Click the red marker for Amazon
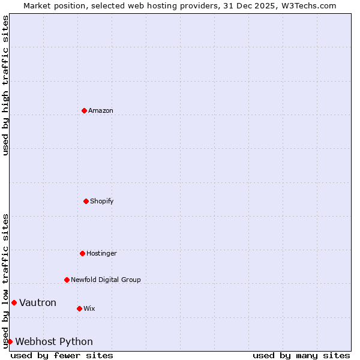(x=84, y=110)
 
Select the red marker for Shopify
(x=86, y=201)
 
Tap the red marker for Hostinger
(x=82, y=253)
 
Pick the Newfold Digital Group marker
(x=67, y=280)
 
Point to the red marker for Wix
(x=79, y=308)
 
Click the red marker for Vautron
(x=14, y=302)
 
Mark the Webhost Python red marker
(x=10, y=341)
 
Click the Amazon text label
(x=101, y=110)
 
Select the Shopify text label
(x=102, y=201)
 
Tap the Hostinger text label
(x=101, y=253)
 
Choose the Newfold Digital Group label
(x=106, y=280)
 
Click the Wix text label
(x=89, y=308)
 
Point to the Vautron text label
(x=38, y=302)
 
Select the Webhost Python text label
(x=54, y=341)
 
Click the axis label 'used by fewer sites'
(x=62, y=355)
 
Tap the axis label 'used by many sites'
(x=301, y=355)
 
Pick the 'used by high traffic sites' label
(x=5, y=85)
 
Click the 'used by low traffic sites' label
(x=5, y=281)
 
